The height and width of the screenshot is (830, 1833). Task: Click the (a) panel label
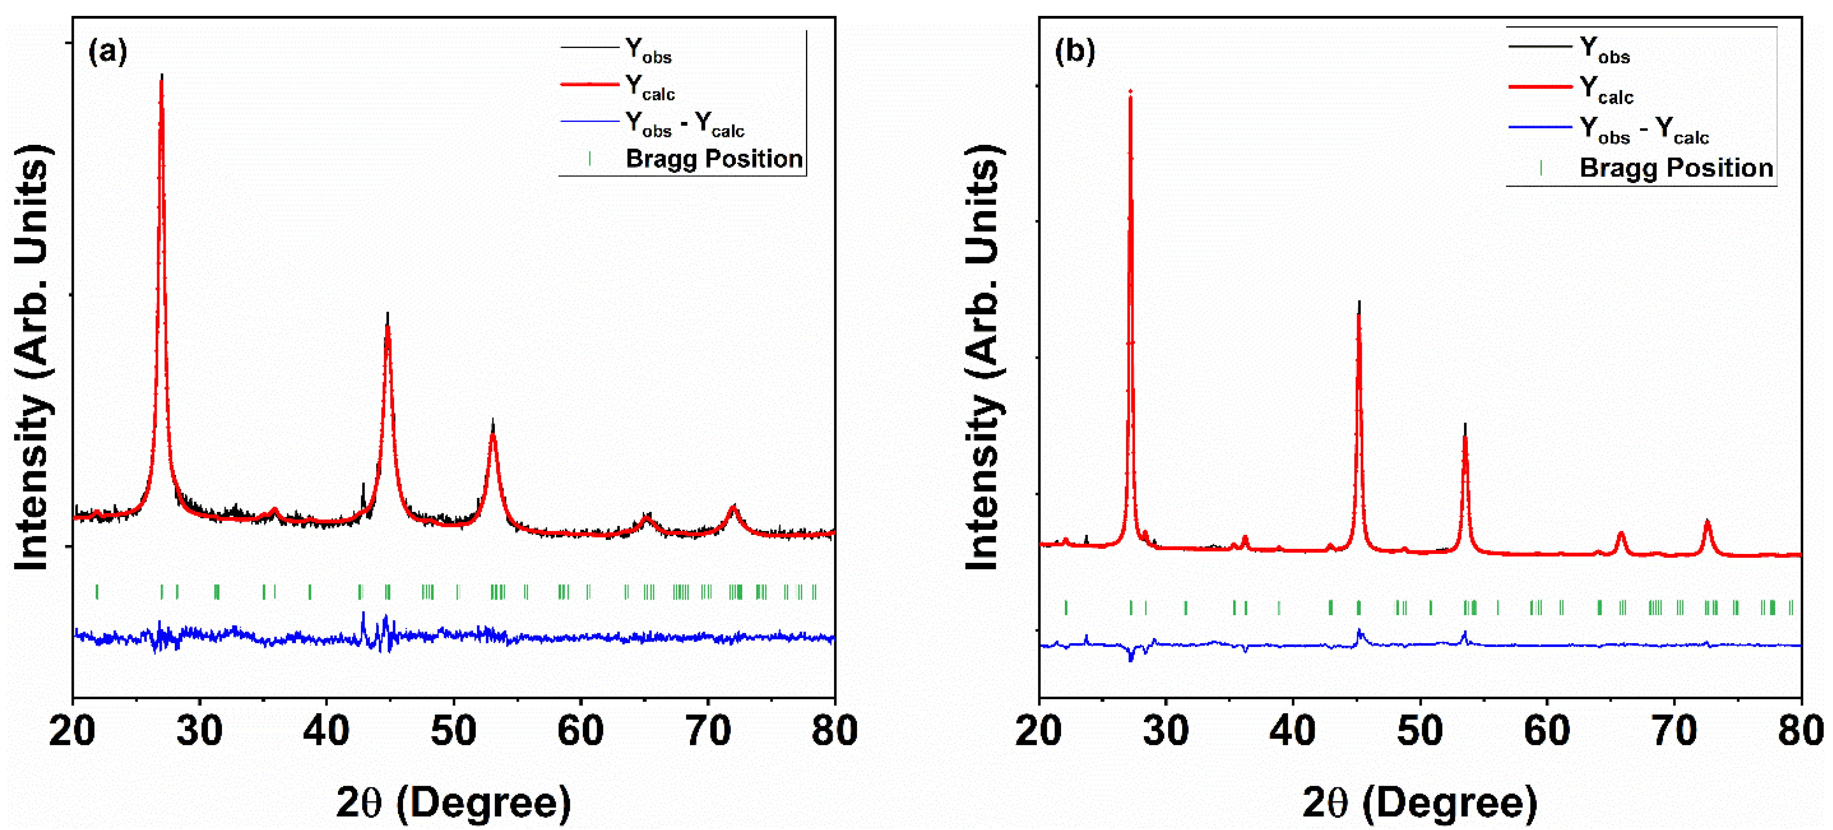pyautogui.click(x=108, y=52)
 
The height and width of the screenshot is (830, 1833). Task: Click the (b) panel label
pyautogui.click(x=1074, y=52)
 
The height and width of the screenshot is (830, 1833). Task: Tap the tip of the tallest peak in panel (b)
pyautogui.click(x=1130, y=92)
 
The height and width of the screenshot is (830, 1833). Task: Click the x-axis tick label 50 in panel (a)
pyautogui.click(x=453, y=731)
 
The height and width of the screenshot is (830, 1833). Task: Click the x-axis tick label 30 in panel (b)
pyautogui.click(x=1165, y=731)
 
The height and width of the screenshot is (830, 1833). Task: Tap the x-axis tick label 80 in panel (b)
pyautogui.click(x=1800, y=731)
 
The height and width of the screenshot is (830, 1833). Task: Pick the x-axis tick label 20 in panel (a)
pyautogui.click(x=72, y=731)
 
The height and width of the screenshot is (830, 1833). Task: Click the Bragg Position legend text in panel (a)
pyautogui.click(x=714, y=159)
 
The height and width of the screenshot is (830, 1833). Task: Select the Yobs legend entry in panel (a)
pyautogui.click(x=647, y=50)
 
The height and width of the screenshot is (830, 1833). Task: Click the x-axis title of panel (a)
pyautogui.click(x=453, y=803)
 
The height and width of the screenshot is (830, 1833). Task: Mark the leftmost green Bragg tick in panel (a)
pyautogui.click(x=97, y=592)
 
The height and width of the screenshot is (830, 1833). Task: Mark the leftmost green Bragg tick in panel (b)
pyautogui.click(x=1065, y=607)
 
